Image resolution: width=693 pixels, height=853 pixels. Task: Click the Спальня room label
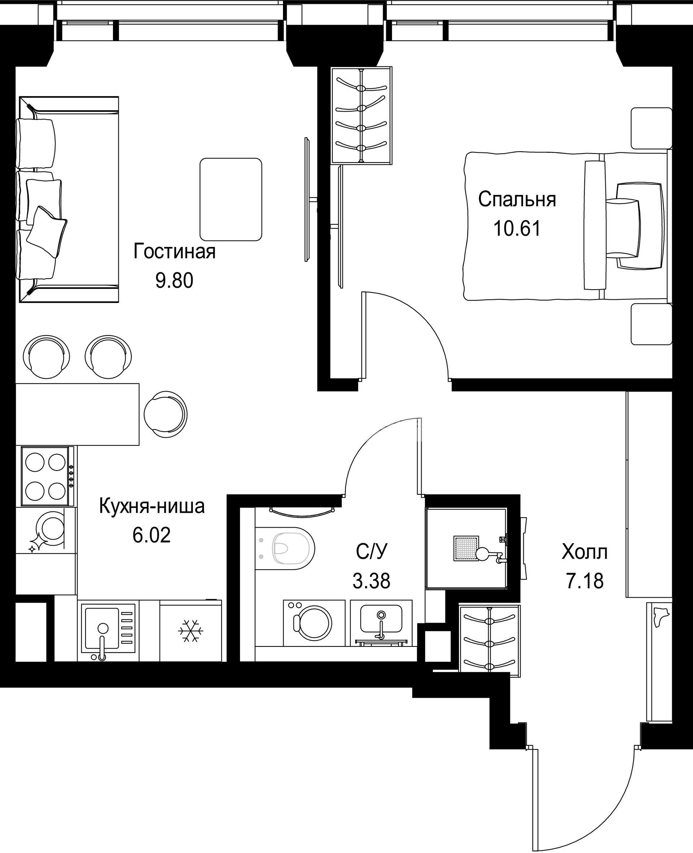coord(517,200)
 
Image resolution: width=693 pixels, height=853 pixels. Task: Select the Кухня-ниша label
coord(152,506)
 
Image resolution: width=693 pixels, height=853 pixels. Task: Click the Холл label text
coord(584,553)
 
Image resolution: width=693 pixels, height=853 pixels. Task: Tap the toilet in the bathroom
coord(285,547)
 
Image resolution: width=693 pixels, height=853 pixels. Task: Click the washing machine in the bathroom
coord(314,623)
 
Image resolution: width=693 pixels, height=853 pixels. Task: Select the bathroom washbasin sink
coord(381,623)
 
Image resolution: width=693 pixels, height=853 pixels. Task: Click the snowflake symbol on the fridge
coord(191,631)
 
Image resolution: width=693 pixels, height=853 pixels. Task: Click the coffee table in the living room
coord(231,199)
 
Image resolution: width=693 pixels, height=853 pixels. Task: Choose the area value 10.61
coord(517,229)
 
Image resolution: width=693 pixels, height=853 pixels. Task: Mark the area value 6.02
coord(152,535)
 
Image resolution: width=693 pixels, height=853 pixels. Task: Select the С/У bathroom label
coord(372,553)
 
